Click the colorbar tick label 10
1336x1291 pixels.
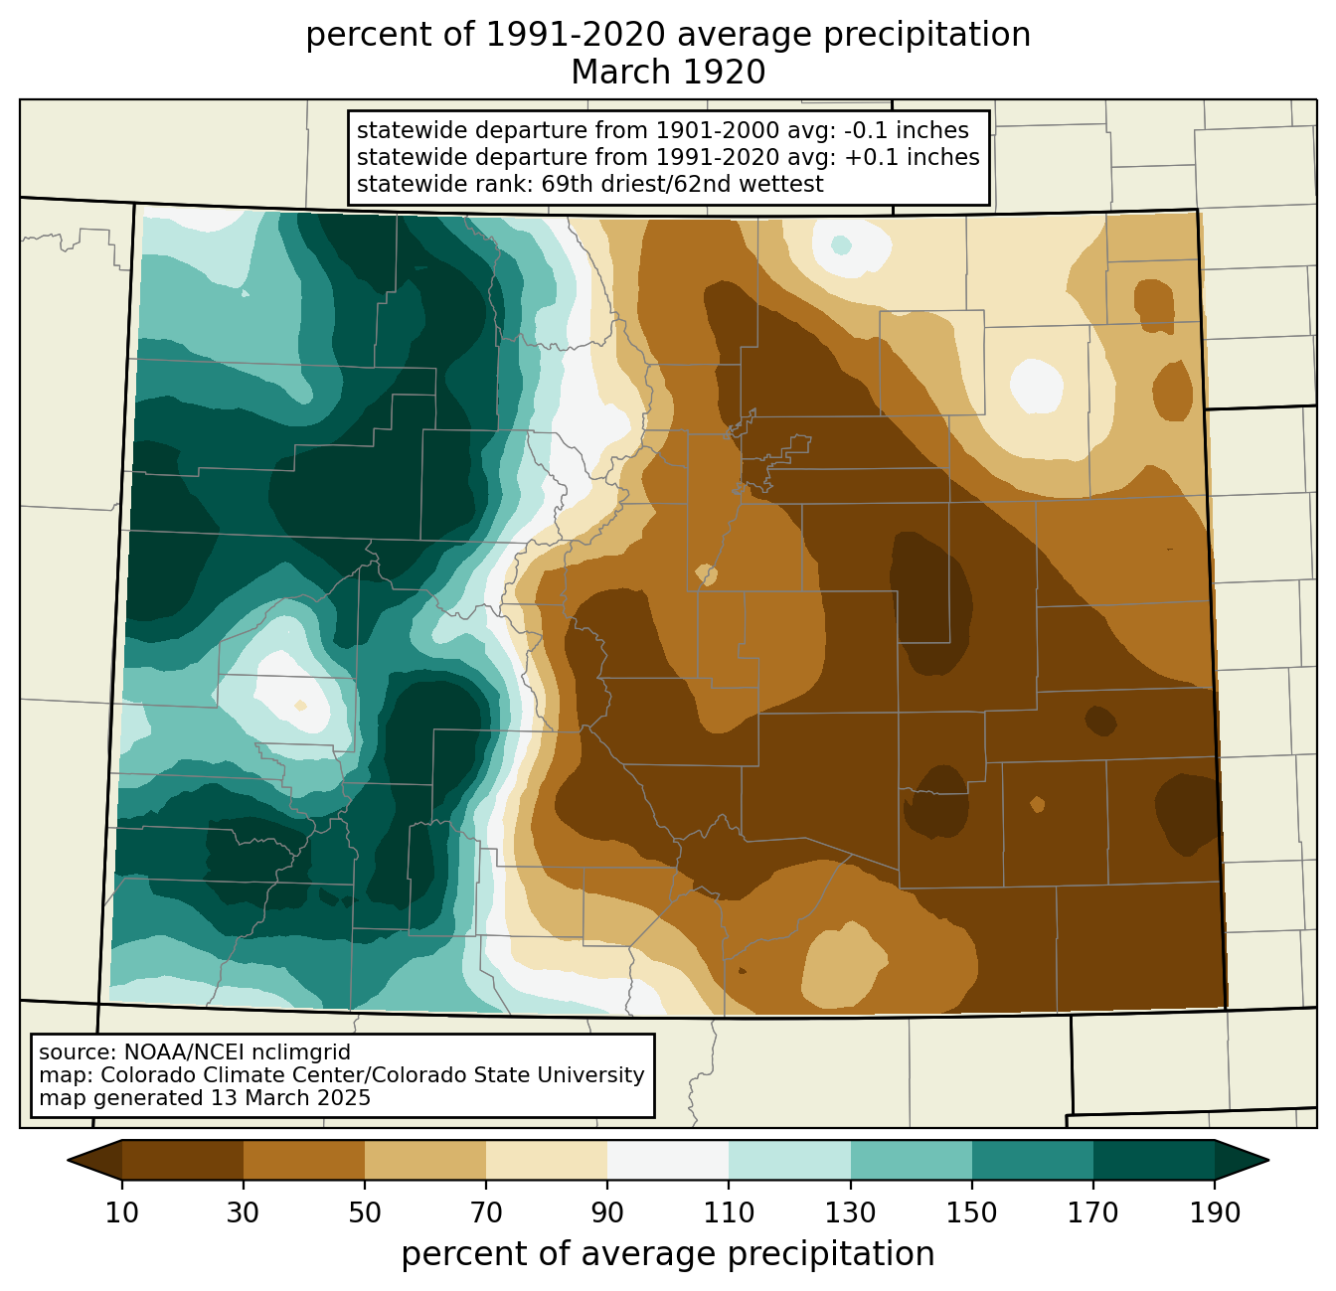click(x=121, y=1212)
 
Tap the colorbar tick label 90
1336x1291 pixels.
click(x=607, y=1212)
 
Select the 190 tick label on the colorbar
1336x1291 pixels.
click(x=1215, y=1212)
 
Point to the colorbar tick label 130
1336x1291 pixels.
click(x=850, y=1212)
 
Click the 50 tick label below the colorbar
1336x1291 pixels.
click(x=365, y=1212)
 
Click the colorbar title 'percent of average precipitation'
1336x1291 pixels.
click(x=667, y=1254)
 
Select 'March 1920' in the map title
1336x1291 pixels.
click(x=668, y=73)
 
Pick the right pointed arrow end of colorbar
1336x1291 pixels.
click(x=1242, y=1161)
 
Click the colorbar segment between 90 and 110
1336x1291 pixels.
click(x=668, y=1161)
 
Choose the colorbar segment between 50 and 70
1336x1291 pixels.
click(x=425, y=1161)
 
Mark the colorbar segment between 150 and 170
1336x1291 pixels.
click(x=1033, y=1161)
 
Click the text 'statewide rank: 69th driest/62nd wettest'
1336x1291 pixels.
click(x=589, y=184)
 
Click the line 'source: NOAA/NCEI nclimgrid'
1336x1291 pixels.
click(x=195, y=1052)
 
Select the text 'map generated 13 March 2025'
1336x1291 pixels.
click(x=205, y=1097)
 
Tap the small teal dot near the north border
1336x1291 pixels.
click(x=841, y=244)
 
